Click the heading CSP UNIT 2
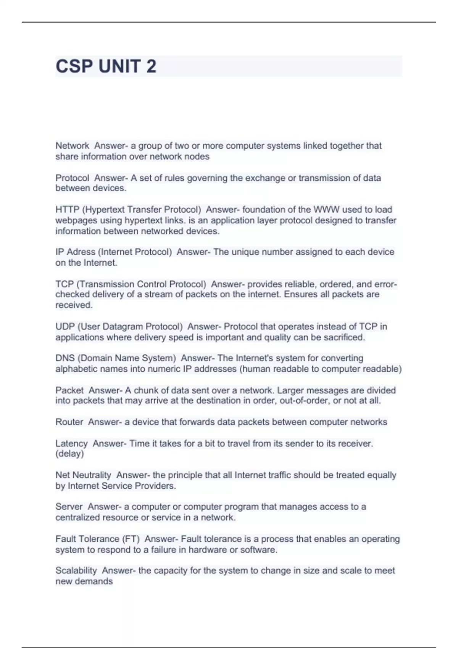click(x=106, y=66)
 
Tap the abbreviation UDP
click(x=65, y=327)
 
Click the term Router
click(x=69, y=422)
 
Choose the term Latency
click(x=71, y=444)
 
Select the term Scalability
click(x=76, y=571)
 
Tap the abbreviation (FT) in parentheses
click(x=131, y=539)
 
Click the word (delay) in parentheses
click(x=69, y=454)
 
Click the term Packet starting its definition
click(x=69, y=390)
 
